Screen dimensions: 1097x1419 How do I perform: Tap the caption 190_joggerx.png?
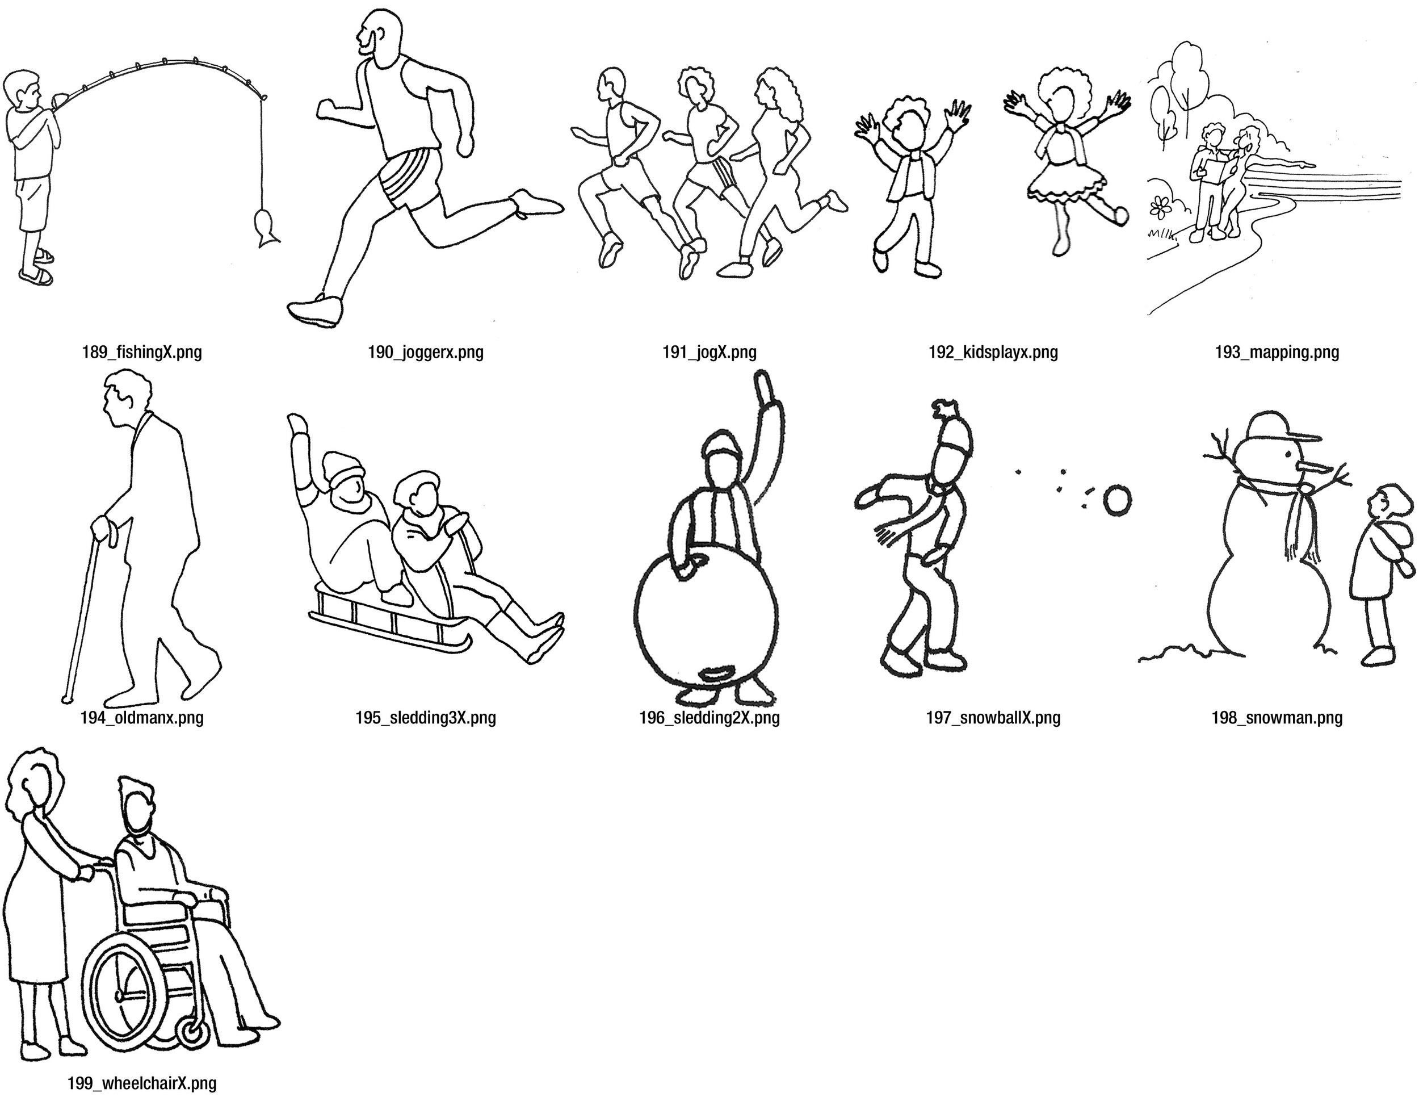(x=426, y=353)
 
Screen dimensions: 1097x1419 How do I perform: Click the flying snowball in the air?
(x=1117, y=500)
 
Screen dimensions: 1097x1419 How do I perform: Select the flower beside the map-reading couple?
(x=1158, y=207)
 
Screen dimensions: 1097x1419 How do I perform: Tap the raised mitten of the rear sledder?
(x=298, y=426)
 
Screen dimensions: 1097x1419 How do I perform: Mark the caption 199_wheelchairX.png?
(x=142, y=1083)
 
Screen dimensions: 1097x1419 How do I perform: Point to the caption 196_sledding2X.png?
(x=709, y=718)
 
